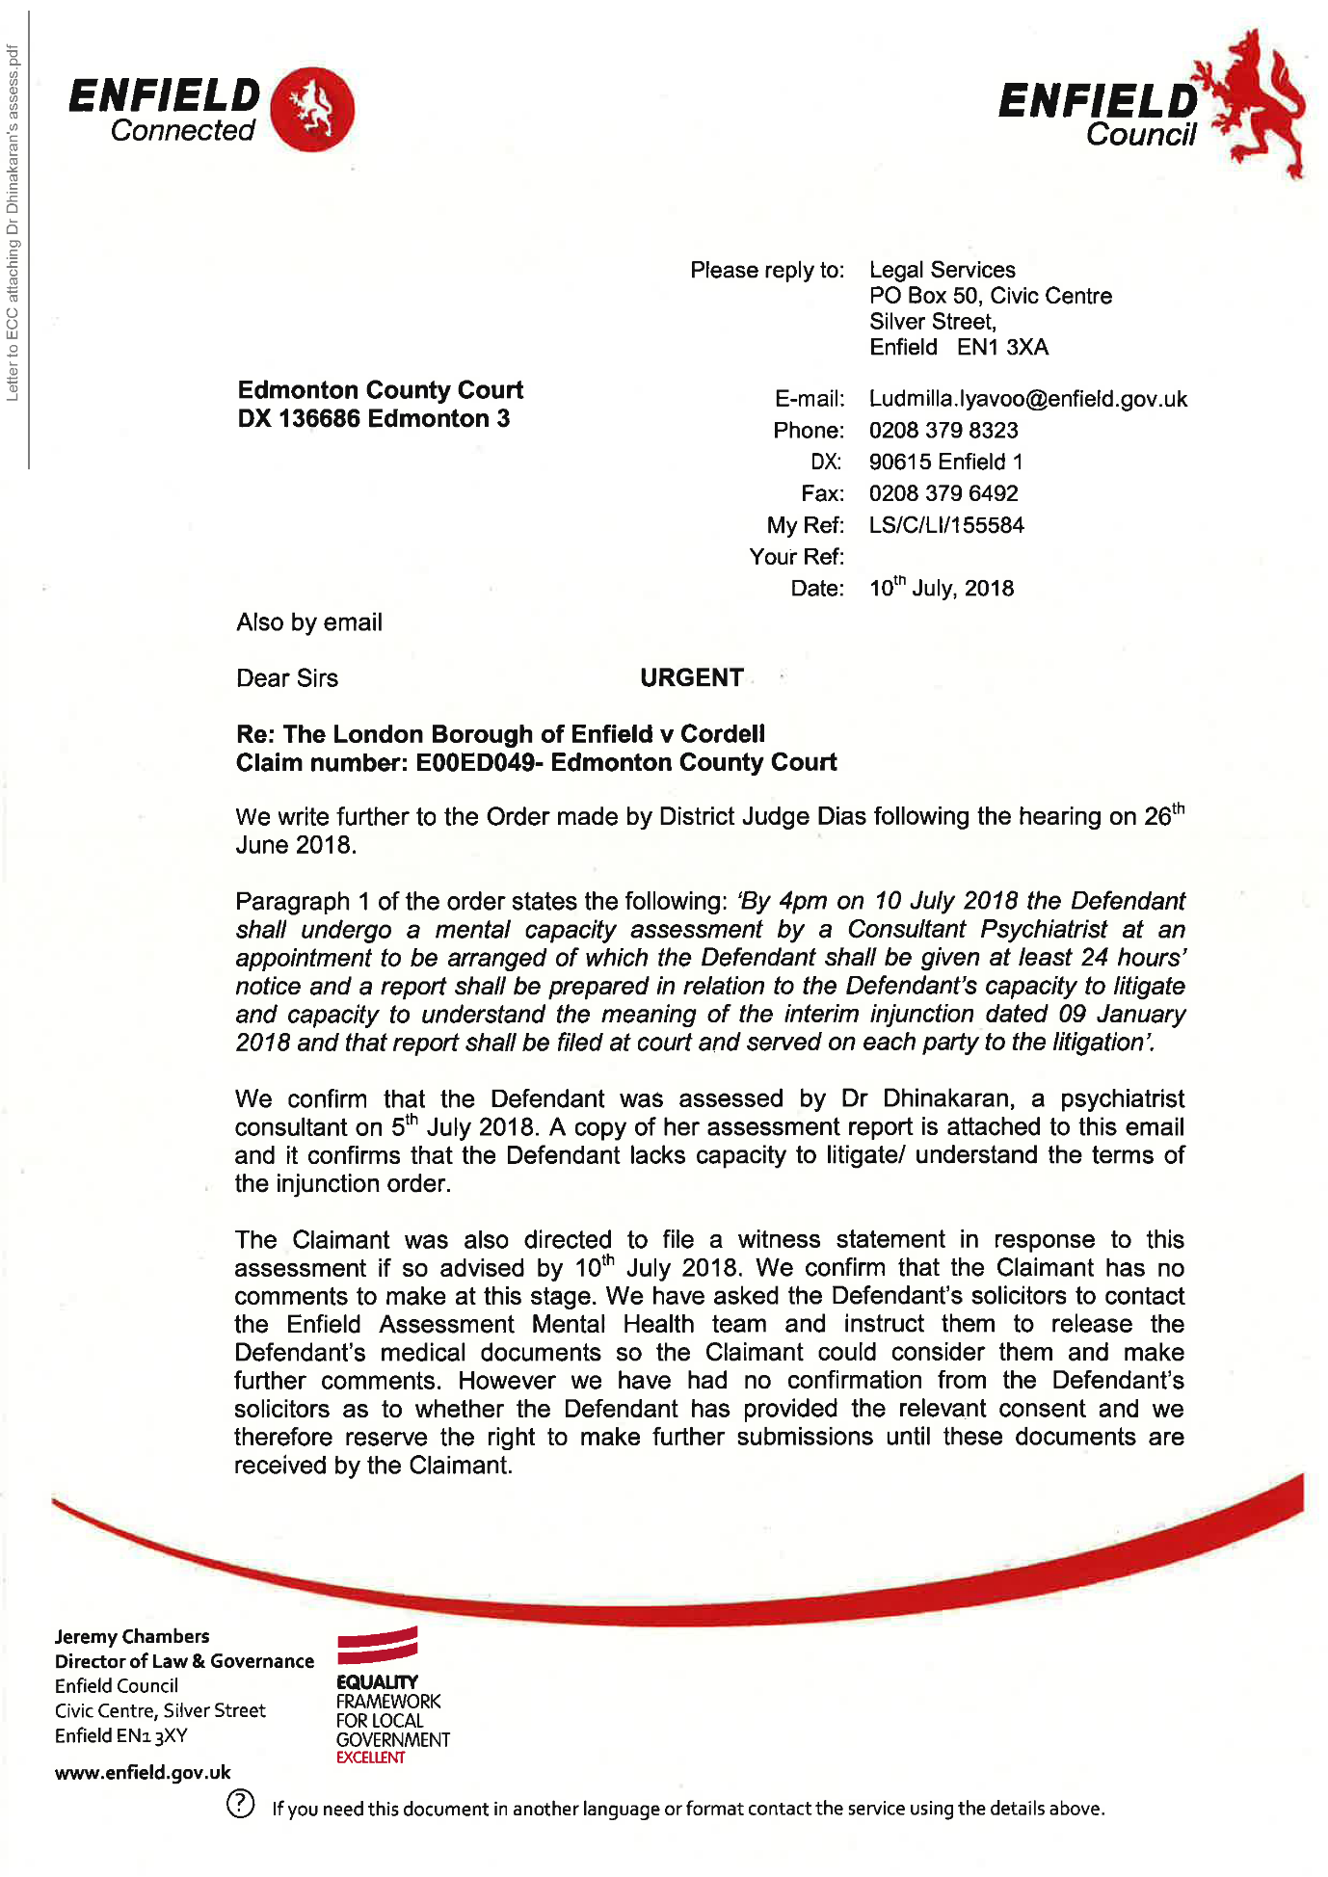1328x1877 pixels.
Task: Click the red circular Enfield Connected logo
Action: [x=312, y=110]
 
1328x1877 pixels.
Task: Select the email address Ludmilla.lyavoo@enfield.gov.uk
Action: [x=1027, y=399]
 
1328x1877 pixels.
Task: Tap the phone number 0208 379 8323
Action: [x=943, y=431]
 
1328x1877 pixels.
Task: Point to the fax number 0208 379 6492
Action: [x=943, y=493]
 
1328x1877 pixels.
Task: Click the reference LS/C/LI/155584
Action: [x=945, y=525]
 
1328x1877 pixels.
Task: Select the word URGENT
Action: [x=691, y=678]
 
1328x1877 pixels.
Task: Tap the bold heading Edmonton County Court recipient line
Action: [x=380, y=390]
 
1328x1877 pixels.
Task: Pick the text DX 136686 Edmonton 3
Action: [x=373, y=419]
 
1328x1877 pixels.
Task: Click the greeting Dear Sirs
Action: [x=287, y=678]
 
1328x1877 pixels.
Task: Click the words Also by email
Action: [x=309, y=622]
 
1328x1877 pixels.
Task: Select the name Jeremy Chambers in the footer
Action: [x=132, y=1636]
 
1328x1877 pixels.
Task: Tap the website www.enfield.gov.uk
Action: [x=143, y=1773]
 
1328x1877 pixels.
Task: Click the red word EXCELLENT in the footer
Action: [x=370, y=1758]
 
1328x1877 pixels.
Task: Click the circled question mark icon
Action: [x=240, y=1804]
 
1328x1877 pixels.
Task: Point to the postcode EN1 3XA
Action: [x=1002, y=348]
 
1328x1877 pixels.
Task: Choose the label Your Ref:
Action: [x=796, y=557]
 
